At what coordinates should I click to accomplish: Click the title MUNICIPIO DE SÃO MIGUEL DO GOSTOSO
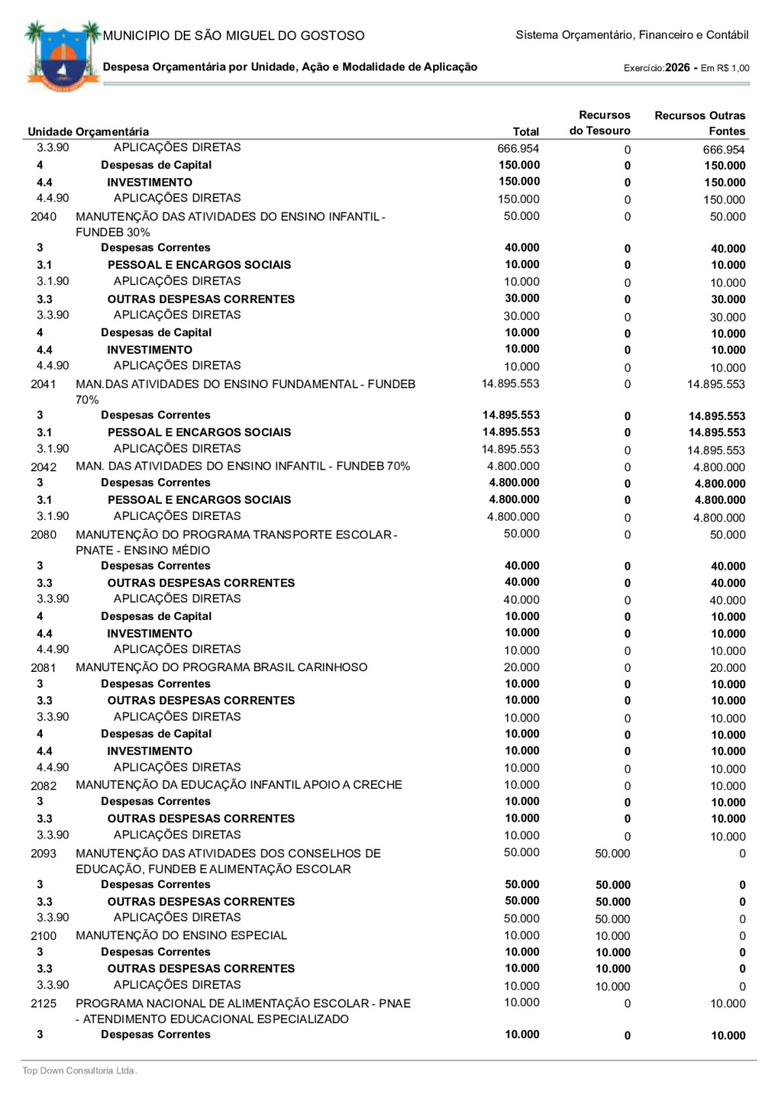pos(233,36)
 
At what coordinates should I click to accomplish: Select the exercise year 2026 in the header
pos(677,67)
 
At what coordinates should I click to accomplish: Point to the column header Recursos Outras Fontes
pos(700,123)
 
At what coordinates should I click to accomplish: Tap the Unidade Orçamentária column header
pos(88,132)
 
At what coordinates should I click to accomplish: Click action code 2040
pos(43,217)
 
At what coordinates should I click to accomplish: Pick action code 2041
pos(43,384)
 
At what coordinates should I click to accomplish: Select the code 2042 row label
pos(43,467)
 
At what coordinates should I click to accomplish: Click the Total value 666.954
pos(518,148)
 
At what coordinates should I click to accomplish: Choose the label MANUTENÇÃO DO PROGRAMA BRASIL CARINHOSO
pos(222,667)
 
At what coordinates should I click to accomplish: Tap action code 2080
pos(43,535)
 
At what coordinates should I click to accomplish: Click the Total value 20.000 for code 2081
pos(522,667)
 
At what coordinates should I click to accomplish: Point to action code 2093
pos(43,853)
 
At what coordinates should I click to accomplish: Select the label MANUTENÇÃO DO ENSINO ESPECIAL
pos(181,935)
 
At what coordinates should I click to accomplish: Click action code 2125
pos(43,1004)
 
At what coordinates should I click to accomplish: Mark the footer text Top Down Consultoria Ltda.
pos(79,1071)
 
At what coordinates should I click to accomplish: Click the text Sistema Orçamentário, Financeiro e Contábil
pos(632,36)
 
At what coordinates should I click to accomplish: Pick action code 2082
pos(43,786)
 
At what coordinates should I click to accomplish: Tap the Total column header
pos(526,132)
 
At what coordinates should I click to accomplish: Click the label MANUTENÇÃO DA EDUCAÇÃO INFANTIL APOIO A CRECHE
pos(239,785)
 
